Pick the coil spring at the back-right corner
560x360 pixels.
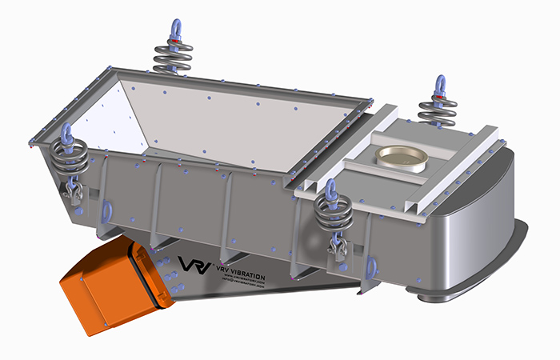439,110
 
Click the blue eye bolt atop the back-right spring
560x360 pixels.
440,85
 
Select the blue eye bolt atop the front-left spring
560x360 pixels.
66,132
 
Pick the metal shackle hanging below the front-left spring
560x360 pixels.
74,189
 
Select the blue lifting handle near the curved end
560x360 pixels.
370,266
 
